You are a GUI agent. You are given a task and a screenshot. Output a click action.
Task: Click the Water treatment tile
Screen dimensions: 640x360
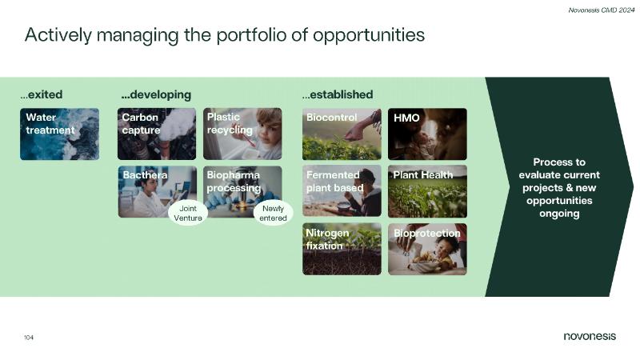[59, 134]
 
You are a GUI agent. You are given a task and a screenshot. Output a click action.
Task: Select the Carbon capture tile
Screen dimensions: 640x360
[157, 134]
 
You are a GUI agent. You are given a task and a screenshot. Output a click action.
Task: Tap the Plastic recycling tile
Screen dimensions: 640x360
[242, 134]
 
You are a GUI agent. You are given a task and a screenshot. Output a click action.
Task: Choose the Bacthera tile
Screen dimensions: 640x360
[157, 191]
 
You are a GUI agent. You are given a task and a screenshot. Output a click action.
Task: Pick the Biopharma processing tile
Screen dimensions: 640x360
[242, 191]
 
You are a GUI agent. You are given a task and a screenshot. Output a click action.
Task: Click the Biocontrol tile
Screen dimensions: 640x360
[342, 134]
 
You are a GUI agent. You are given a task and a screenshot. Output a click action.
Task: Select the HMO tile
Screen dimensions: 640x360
[427, 134]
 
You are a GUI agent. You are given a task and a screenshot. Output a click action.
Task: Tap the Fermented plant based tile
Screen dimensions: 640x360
[342, 190]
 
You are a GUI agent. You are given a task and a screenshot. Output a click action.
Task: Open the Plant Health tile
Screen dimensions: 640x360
[427, 191]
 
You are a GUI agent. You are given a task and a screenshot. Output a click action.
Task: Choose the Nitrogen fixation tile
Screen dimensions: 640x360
[342, 249]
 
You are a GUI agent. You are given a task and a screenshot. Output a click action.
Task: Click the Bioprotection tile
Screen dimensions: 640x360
[427, 249]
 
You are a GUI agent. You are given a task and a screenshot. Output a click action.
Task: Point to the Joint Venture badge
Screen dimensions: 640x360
[188, 213]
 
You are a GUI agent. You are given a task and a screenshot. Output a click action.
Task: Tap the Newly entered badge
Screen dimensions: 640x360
[273, 213]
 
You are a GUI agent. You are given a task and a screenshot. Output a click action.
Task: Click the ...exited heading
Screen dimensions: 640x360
[42, 94]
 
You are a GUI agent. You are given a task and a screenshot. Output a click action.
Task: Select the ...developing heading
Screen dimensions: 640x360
[156, 95]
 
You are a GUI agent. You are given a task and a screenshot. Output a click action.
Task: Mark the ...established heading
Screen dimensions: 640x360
[338, 94]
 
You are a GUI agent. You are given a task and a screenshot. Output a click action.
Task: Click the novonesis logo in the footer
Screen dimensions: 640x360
[590, 336]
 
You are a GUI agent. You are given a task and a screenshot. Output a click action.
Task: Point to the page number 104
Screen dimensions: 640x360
[29, 338]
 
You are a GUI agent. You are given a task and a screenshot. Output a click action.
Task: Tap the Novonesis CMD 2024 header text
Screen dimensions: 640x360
[602, 10]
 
